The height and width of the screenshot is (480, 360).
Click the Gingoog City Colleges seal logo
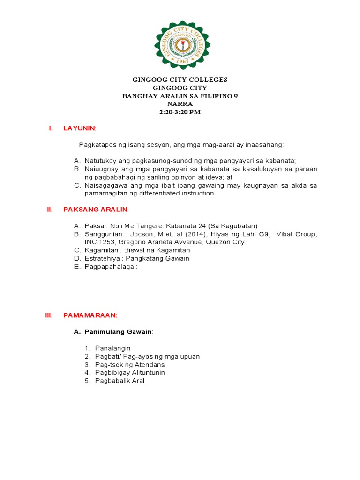[182, 45]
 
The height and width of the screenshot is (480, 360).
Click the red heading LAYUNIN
[79, 128]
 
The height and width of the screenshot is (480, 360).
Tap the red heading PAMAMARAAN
[90, 315]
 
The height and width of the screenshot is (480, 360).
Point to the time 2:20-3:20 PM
[180, 112]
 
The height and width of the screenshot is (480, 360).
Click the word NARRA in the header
[180, 104]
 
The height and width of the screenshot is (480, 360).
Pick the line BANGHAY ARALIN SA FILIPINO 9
[180, 96]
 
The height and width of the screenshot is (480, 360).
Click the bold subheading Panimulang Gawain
[118, 332]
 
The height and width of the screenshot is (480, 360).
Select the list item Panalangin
[112, 348]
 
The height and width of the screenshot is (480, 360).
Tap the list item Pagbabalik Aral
[120, 381]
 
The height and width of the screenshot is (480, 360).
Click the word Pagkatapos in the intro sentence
[95, 145]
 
